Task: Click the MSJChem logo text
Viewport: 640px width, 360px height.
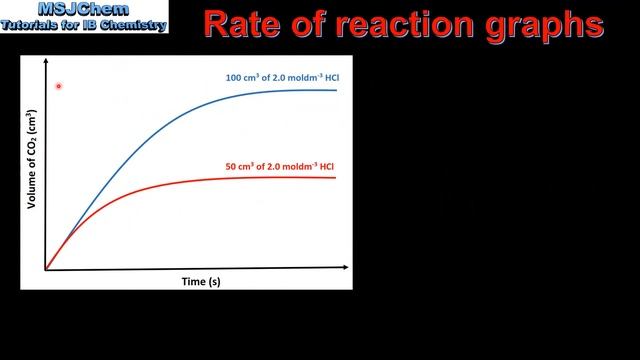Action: pyautogui.click(x=84, y=11)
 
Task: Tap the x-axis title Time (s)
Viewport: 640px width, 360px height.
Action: pyautogui.click(x=200, y=282)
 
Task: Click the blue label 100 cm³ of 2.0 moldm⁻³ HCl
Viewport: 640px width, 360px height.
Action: pyautogui.click(x=280, y=78)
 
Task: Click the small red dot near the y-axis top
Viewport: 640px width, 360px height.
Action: pyautogui.click(x=59, y=87)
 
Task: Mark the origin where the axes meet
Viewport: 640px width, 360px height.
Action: pyautogui.click(x=46, y=269)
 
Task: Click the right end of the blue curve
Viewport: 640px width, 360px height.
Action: pyautogui.click(x=336, y=90)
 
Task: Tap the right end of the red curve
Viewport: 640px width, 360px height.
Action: pyautogui.click(x=335, y=177)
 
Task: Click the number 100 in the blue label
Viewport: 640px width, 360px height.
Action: pyautogui.click(x=231, y=78)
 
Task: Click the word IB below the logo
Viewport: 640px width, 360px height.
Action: pyautogui.click(x=98, y=25)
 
